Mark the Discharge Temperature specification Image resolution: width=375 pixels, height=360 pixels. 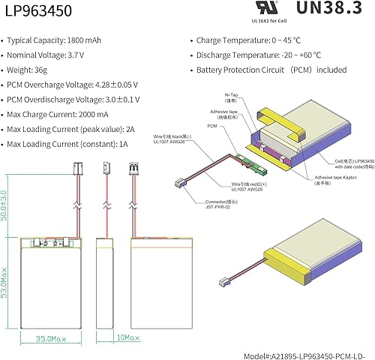coord(259,54)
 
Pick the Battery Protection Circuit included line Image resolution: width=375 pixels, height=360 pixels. coord(271,70)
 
